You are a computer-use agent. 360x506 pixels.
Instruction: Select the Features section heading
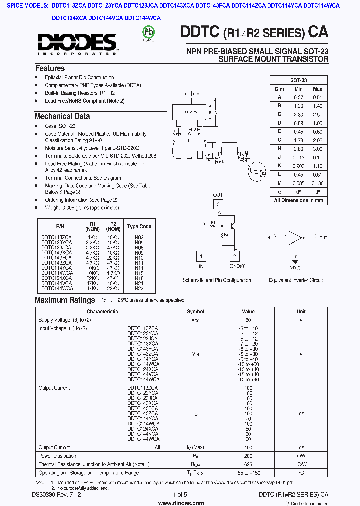point(50,68)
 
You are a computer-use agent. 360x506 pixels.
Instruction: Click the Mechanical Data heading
point(62,116)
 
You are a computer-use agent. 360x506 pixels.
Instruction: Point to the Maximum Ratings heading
point(65,300)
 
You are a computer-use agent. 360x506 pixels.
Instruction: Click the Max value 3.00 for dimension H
point(317,149)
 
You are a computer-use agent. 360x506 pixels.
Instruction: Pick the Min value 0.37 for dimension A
point(298,97)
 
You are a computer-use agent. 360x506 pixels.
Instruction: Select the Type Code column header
point(139,226)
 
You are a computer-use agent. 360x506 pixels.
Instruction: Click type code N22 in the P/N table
point(139,288)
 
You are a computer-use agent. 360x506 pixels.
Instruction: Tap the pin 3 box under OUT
point(218,204)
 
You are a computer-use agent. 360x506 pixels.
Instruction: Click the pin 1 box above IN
point(201,257)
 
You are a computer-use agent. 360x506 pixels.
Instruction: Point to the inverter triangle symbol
point(296,237)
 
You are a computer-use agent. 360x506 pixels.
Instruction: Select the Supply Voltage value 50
point(248,319)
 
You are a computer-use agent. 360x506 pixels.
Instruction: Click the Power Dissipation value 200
point(248,456)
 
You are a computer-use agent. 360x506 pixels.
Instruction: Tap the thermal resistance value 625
point(248,464)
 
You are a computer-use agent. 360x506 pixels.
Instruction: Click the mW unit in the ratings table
point(301,456)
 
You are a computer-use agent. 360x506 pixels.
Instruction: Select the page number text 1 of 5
point(180,495)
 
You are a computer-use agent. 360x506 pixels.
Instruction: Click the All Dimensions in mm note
point(298,200)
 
